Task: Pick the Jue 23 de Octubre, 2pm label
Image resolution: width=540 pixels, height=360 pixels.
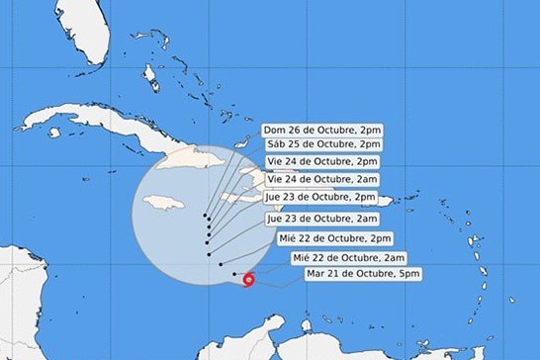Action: pyautogui.click(x=321, y=197)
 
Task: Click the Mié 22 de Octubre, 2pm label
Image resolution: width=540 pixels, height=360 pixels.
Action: pyautogui.click(x=335, y=238)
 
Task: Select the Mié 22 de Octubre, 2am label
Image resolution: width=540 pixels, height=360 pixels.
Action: pyautogui.click(x=346, y=257)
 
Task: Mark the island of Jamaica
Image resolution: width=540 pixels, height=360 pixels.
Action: pyautogui.click(x=161, y=202)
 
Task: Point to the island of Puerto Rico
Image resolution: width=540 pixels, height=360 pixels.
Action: pyautogui.click(x=380, y=202)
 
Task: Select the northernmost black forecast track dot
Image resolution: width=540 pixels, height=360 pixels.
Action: pyautogui.click(x=205, y=216)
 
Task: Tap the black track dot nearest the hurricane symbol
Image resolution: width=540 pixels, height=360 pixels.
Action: pyautogui.click(x=233, y=273)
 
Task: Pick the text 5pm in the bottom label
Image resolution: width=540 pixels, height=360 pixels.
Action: pyautogui.click(x=399, y=273)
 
